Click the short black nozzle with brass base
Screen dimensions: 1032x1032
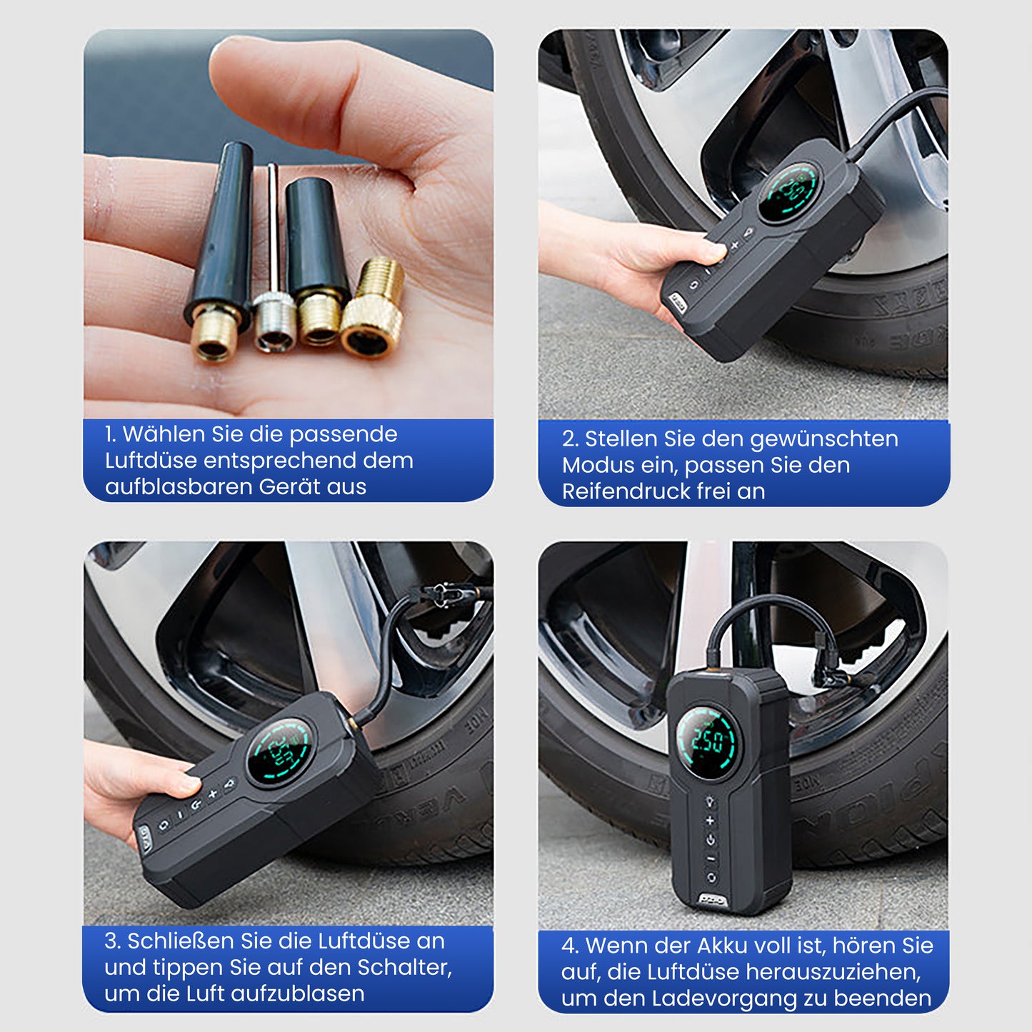317,262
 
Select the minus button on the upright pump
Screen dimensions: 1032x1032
711,859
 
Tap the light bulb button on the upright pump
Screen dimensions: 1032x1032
710,801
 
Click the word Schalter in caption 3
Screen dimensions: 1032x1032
404,967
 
